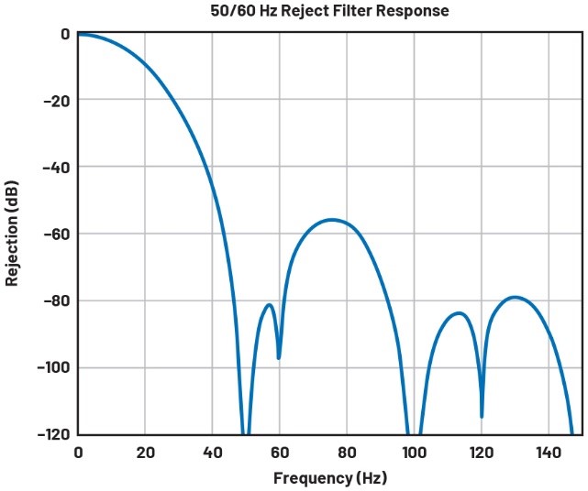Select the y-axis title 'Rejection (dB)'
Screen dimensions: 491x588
click(x=12, y=234)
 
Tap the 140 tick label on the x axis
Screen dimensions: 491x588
click(x=548, y=452)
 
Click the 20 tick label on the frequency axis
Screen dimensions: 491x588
click(x=145, y=452)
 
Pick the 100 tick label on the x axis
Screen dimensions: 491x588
click(x=414, y=452)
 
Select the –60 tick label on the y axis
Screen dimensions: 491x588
click(x=56, y=234)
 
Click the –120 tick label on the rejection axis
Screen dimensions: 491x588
click(x=52, y=434)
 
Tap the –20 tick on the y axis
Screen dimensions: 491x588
click(x=56, y=100)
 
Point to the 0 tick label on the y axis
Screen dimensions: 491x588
click(x=65, y=34)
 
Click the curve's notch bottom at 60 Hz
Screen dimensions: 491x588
click(x=279, y=357)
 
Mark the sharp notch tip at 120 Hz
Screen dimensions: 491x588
click(x=482, y=417)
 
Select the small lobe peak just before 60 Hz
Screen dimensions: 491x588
click(x=269, y=305)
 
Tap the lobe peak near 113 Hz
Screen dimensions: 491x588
click(x=459, y=313)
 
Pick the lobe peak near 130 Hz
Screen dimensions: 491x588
click(x=516, y=297)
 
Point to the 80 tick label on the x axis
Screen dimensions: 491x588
click(x=347, y=452)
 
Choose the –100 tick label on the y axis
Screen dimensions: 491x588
click(x=52, y=367)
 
